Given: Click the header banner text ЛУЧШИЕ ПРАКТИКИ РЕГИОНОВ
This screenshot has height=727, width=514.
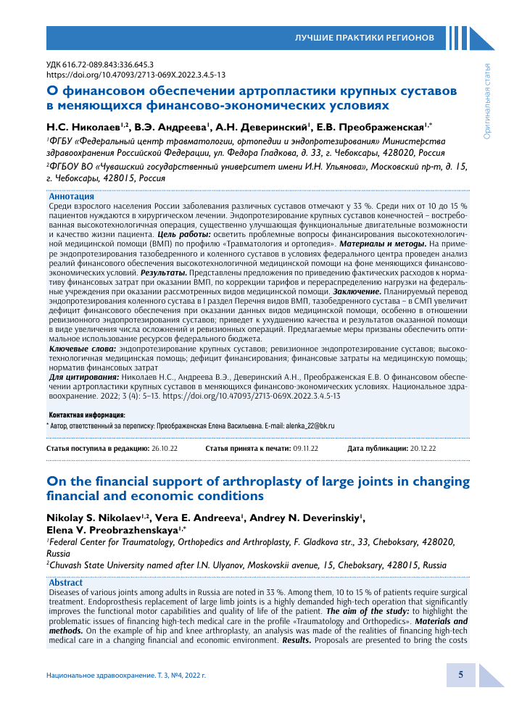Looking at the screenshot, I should (364, 37).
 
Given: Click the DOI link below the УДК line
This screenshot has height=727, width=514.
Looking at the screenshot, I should (136, 75).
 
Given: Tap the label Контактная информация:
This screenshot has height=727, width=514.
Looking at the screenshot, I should (81, 415).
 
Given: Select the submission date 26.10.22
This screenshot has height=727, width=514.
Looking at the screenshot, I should (164, 449).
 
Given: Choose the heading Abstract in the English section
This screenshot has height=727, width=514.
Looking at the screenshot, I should (65, 583).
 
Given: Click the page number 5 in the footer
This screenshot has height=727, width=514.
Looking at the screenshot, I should (460, 674).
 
